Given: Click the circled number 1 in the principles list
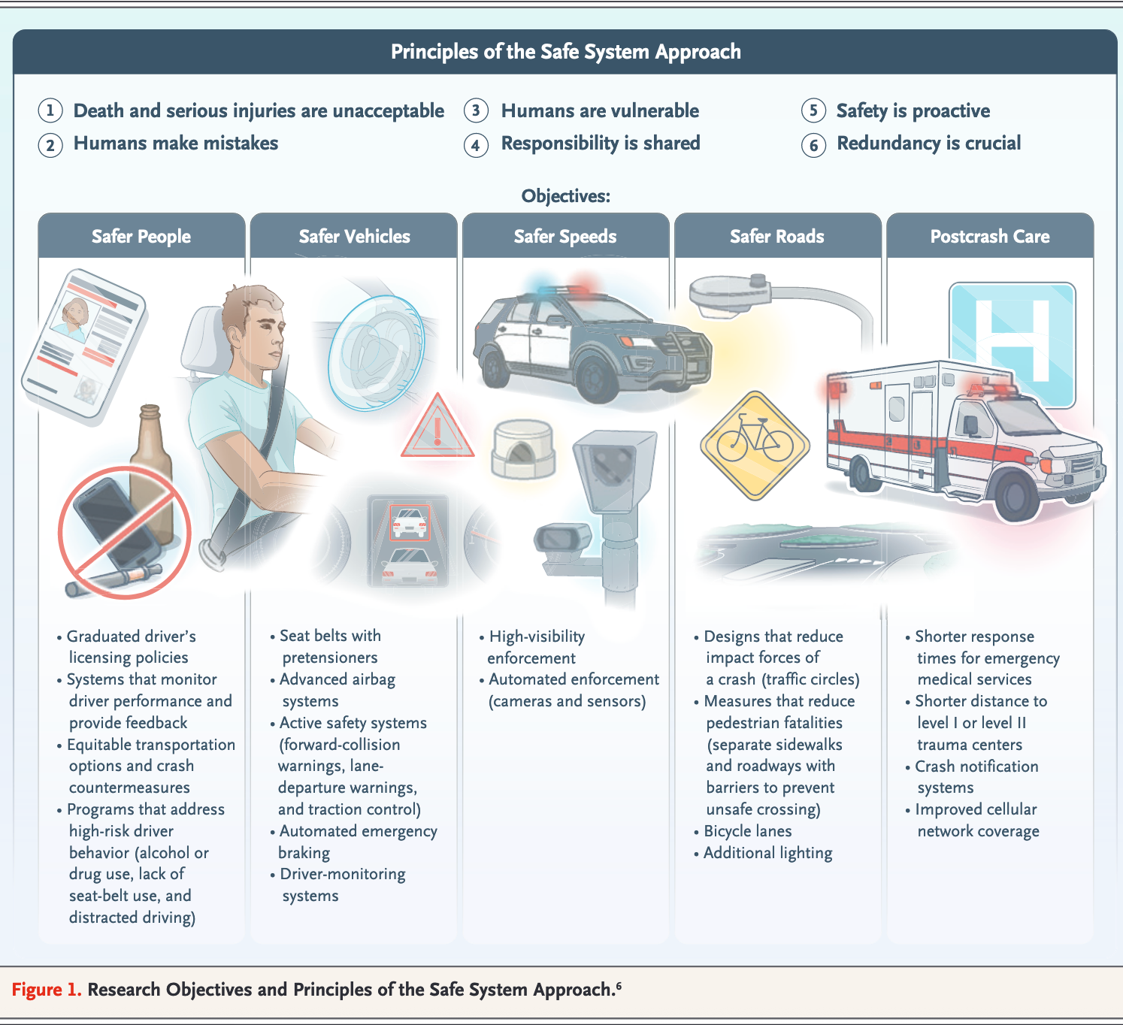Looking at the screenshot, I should click(50, 110).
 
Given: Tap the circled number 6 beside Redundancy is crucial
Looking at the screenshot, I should click(813, 144).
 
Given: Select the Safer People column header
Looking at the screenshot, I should click(141, 236).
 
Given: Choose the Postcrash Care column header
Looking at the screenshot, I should click(990, 236).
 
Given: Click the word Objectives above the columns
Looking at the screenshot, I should click(565, 196).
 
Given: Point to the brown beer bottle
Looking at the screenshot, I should click(152, 458).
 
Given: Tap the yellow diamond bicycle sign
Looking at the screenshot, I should click(755, 445).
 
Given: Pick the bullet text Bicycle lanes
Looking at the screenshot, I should click(747, 831).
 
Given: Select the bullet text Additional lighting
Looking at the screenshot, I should click(767, 853).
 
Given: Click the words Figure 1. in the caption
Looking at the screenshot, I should click(47, 989).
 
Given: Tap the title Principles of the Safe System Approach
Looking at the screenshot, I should click(565, 52).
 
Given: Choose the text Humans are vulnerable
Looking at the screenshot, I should click(600, 111).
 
